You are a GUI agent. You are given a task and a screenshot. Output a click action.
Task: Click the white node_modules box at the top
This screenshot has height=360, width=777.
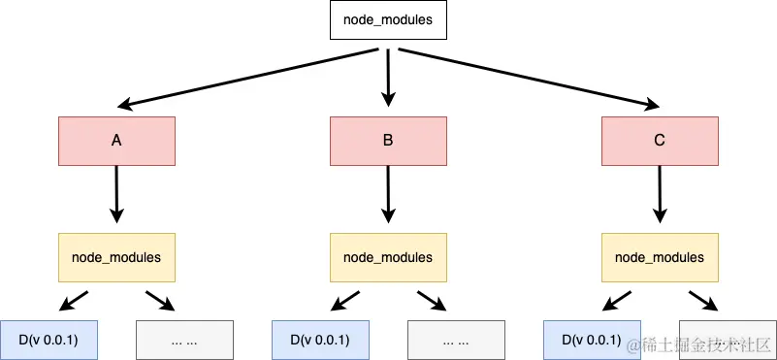click(x=388, y=19)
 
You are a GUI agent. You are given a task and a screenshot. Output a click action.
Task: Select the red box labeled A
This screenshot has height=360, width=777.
click(x=116, y=141)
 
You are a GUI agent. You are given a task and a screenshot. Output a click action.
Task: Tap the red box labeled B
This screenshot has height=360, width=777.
click(x=388, y=141)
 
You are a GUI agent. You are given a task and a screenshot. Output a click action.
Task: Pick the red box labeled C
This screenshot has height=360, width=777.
click(x=660, y=141)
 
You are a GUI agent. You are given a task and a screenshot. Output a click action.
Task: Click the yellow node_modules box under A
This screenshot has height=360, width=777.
click(x=116, y=257)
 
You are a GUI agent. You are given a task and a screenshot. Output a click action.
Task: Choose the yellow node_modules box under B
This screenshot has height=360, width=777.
click(x=388, y=257)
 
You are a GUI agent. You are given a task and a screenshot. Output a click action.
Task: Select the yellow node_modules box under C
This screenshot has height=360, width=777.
click(x=660, y=257)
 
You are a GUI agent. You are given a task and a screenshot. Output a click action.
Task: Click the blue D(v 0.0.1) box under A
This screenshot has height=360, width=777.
click(x=49, y=340)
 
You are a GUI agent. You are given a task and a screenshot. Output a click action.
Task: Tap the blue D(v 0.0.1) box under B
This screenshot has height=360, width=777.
click(x=320, y=340)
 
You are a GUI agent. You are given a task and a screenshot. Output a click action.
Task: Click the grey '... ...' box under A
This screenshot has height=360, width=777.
click(x=184, y=340)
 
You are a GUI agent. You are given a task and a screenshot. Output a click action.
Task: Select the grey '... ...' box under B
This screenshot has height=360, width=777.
click(x=456, y=340)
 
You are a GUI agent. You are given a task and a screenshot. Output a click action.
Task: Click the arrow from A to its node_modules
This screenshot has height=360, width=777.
click(x=116, y=194)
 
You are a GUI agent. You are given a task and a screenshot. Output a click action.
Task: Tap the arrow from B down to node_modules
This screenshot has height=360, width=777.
click(x=388, y=194)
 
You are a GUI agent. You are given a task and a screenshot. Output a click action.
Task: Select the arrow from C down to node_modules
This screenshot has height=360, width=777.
click(x=660, y=194)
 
